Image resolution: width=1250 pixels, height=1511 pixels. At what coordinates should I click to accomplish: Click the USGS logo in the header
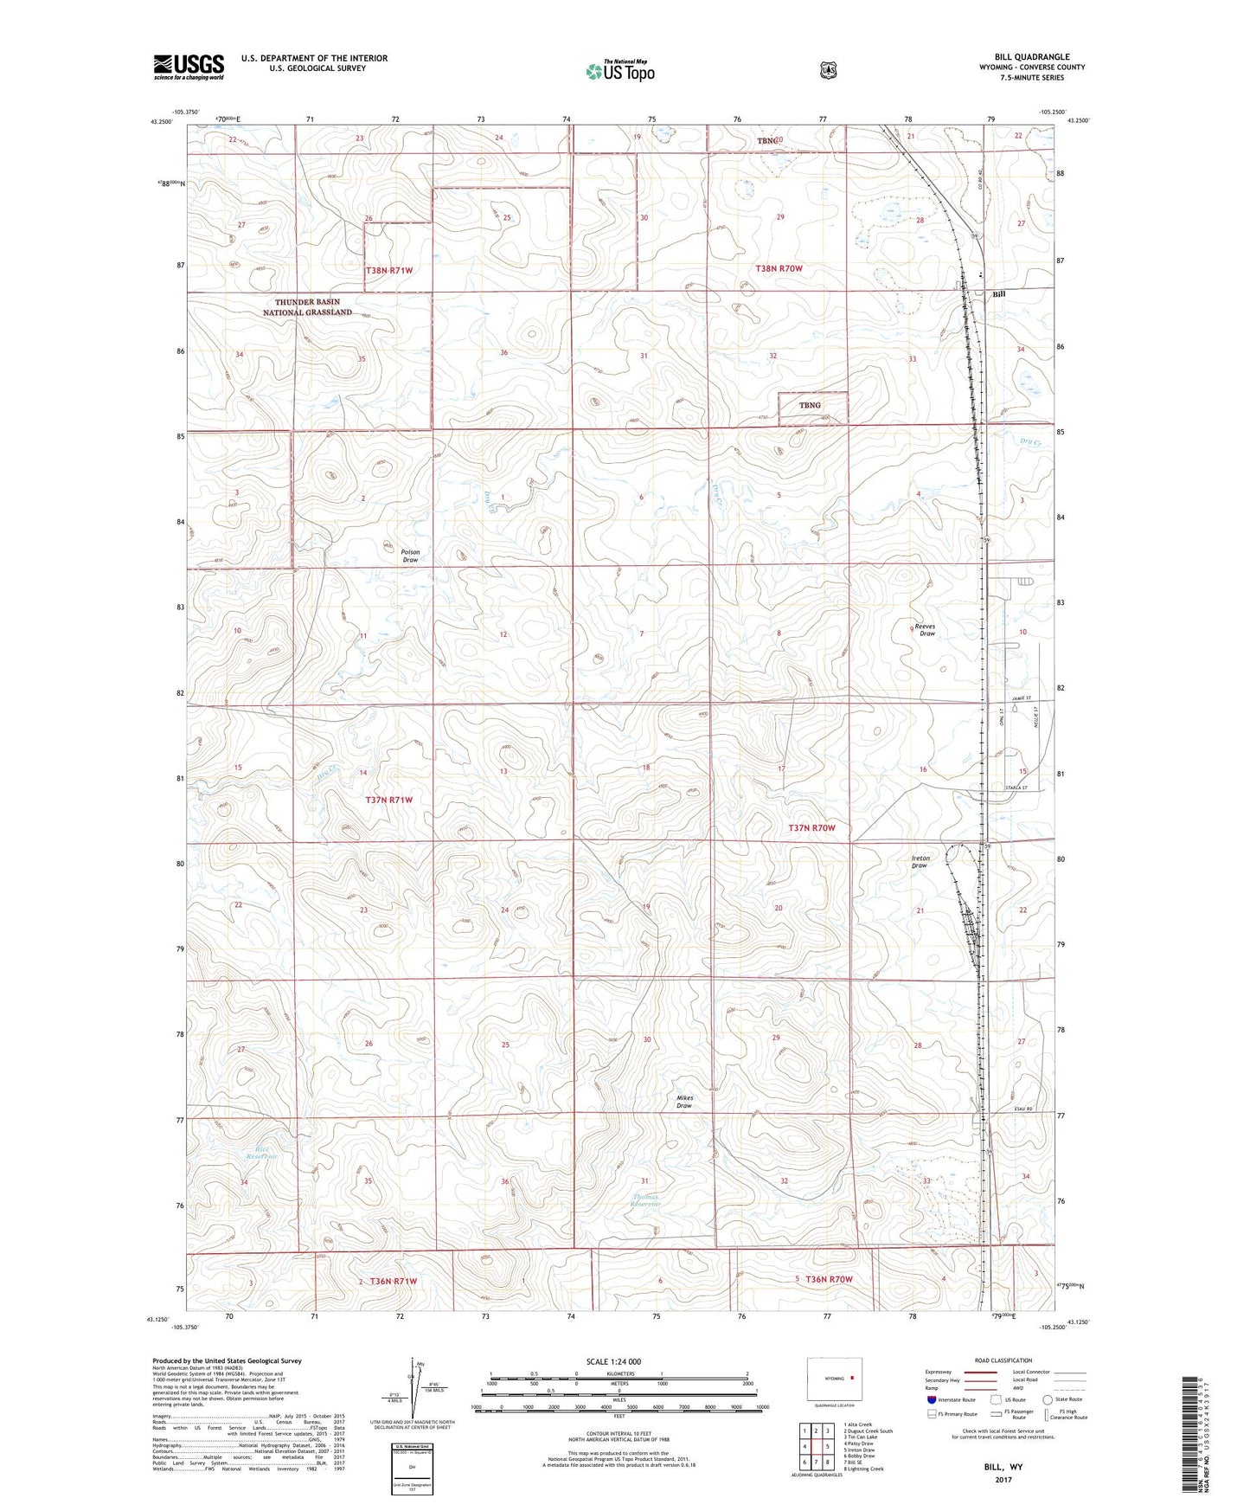[189, 67]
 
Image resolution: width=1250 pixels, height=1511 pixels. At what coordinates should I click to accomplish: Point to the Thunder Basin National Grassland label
[307, 307]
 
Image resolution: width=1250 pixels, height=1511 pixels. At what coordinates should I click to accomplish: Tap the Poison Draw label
[410, 556]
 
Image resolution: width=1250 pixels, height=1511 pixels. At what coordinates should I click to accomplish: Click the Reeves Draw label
[926, 630]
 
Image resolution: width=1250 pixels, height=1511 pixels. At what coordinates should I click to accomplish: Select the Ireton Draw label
[919, 862]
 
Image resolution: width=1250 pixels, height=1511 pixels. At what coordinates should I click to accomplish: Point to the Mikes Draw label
[684, 1102]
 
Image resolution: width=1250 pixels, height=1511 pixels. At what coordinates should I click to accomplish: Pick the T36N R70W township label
[829, 1279]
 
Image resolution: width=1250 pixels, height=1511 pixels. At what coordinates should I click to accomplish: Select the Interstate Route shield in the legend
[931, 1399]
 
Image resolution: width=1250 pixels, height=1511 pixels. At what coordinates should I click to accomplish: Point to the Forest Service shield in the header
[828, 70]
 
